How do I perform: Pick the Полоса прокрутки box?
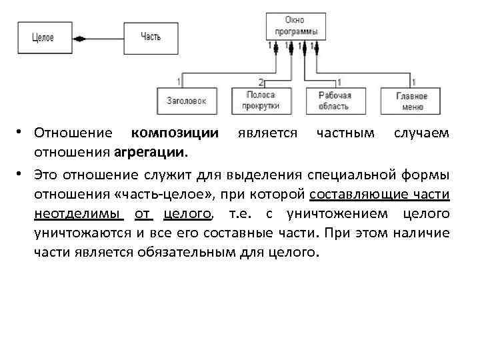pyautogui.click(x=261, y=101)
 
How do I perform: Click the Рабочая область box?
pyautogui.click(x=334, y=101)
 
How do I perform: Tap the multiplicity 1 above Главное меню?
pyautogui.click(x=415, y=82)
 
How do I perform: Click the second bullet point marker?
pyautogui.click(x=23, y=175)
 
